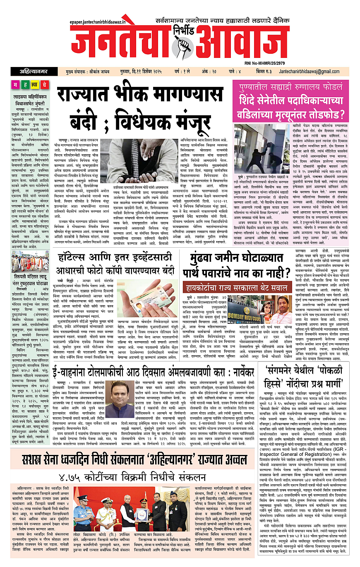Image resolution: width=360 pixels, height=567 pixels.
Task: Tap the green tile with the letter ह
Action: point(35,85)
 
